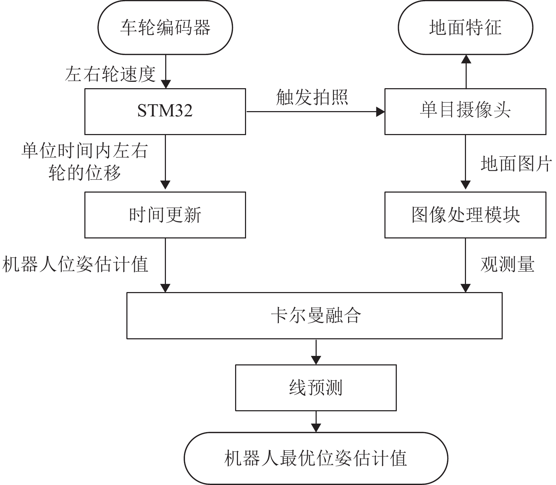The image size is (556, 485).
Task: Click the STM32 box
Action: click(165, 111)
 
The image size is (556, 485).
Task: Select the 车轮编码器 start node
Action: click(165, 28)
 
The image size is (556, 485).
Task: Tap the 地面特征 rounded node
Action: click(465, 28)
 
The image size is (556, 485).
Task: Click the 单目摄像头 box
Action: click(465, 111)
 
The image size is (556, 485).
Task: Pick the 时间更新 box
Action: click(165, 215)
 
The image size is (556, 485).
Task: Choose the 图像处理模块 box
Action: click(465, 215)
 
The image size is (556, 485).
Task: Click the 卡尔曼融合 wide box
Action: click(314, 316)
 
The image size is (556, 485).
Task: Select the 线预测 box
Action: click(316, 388)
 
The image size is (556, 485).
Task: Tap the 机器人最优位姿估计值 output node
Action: click(316, 458)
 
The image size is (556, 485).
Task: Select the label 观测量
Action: click(507, 264)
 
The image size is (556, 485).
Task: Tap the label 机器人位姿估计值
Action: click(75, 264)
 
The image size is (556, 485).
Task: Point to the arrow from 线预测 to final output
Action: click(316, 421)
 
